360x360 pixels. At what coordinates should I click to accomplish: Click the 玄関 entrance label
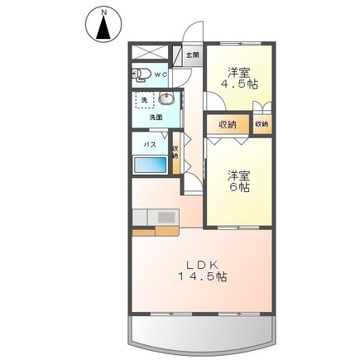click(193, 55)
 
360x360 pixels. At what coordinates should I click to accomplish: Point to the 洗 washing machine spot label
click(144, 100)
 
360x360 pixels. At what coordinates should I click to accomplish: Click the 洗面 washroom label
click(156, 117)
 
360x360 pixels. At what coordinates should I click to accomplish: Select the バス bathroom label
click(150, 144)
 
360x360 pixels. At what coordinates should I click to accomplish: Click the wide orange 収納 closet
click(228, 124)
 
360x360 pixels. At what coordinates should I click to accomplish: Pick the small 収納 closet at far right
click(262, 124)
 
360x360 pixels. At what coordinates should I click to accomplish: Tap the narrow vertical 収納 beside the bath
click(175, 155)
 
